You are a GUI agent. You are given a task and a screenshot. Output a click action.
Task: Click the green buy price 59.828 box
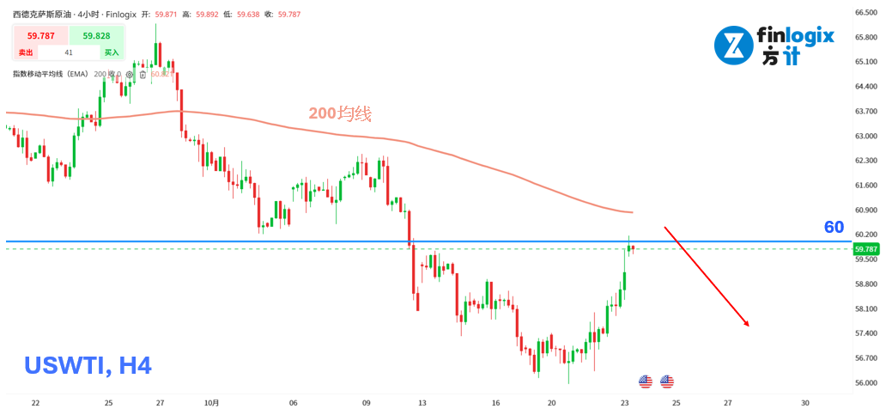point(96,35)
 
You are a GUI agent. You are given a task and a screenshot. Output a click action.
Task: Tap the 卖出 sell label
point(25,52)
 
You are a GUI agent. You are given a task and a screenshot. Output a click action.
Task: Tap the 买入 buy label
point(111,52)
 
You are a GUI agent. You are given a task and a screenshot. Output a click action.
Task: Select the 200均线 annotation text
point(341,113)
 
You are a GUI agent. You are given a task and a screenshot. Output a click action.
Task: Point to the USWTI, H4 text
point(88,366)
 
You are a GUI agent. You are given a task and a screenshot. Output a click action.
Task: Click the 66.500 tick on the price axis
point(865,12)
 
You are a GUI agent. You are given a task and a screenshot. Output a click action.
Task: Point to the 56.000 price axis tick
point(865,382)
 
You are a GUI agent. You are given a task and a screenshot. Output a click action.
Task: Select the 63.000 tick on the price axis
point(865,136)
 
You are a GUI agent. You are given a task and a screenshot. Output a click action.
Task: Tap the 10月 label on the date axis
point(214,402)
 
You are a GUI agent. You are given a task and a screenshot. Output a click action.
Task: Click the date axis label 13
point(422,402)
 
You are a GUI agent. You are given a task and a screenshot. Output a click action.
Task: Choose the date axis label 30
point(804,402)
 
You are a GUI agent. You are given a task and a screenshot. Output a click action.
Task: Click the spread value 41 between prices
point(69,52)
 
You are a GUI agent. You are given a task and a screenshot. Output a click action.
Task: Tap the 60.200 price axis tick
point(865,235)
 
